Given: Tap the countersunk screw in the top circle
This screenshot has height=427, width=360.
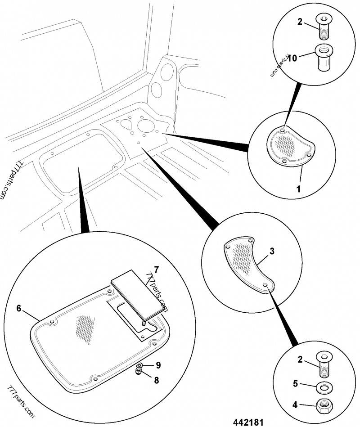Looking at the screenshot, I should (323, 26).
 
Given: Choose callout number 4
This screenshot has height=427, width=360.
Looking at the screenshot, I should (295, 405).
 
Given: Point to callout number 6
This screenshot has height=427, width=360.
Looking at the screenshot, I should (19, 308).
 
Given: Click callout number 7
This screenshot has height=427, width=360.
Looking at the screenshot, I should (156, 270).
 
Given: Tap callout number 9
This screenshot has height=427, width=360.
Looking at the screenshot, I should (157, 364).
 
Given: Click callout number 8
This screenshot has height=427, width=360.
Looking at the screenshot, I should (156, 380).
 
